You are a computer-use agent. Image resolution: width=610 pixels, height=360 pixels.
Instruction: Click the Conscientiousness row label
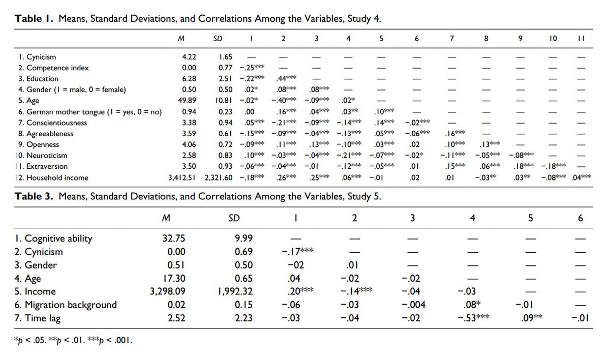coord(53,123)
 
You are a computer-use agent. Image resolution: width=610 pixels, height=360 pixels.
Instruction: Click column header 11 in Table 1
coord(581,38)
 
